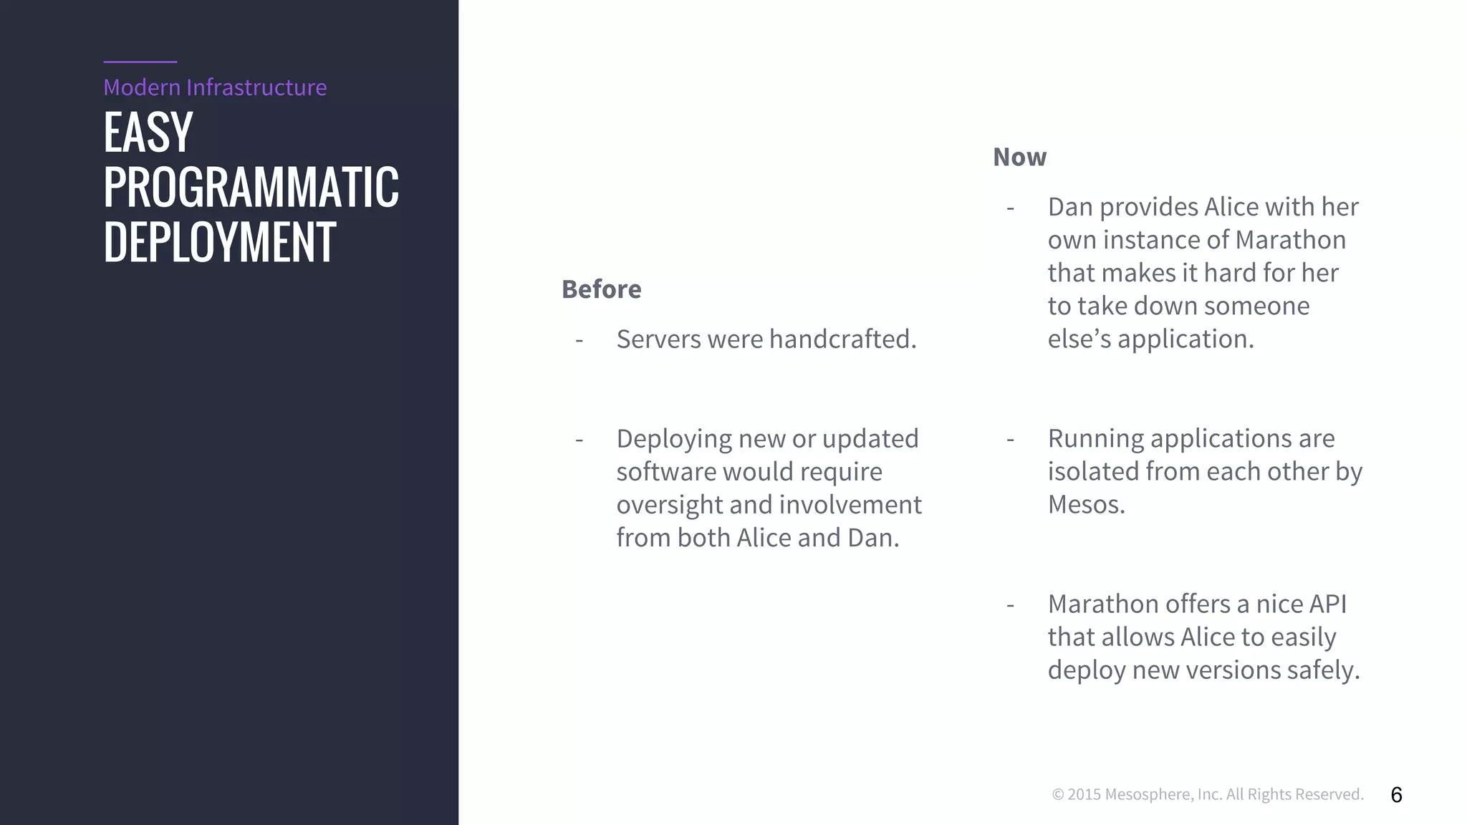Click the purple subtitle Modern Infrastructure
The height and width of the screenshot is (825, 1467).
pyautogui.click(x=215, y=87)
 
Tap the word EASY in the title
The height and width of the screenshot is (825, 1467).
pyautogui.click(x=148, y=132)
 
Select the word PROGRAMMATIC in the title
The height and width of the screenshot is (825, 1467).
pyautogui.click(x=251, y=187)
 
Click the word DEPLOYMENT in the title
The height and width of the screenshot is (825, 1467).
pyautogui.click(x=219, y=242)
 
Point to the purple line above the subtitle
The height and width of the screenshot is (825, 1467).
pyautogui.click(x=140, y=62)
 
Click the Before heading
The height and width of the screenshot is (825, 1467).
pyautogui.click(x=601, y=289)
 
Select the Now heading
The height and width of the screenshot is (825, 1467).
pyautogui.click(x=1019, y=157)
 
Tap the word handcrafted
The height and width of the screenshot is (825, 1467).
pyautogui.click(x=842, y=339)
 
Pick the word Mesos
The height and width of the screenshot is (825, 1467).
pyautogui.click(x=1085, y=505)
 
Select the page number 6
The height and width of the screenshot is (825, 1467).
pyautogui.click(x=1396, y=795)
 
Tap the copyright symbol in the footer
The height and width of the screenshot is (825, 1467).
pyautogui.click(x=1057, y=795)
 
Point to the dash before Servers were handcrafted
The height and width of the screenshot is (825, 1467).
pyautogui.click(x=579, y=340)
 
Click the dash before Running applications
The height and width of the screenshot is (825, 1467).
pyautogui.click(x=1010, y=439)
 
